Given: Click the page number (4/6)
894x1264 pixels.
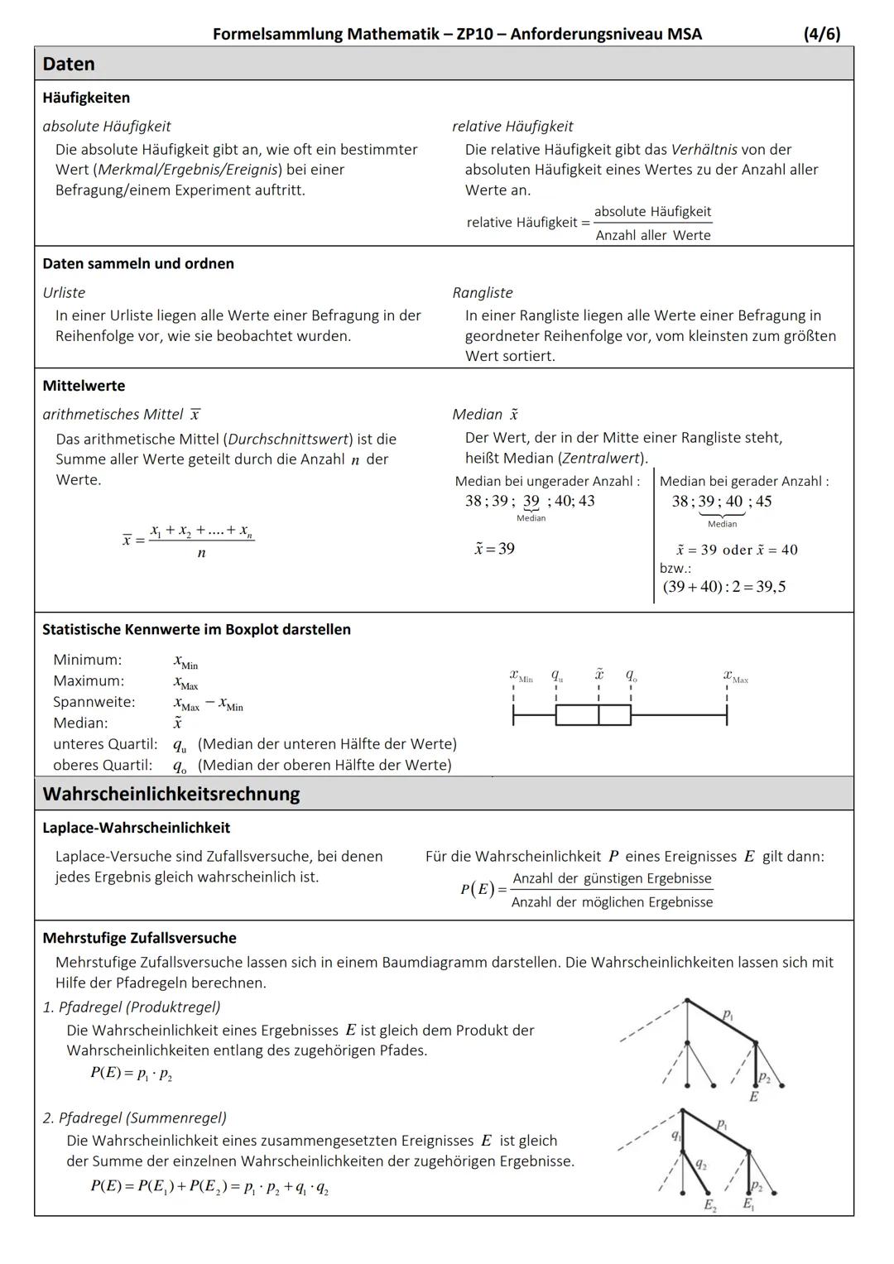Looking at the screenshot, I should pyautogui.click(x=821, y=34).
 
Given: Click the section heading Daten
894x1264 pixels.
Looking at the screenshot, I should pyautogui.click(x=69, y=64).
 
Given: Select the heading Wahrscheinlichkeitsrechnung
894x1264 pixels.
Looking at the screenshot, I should pyautogui.click(x=171, y=794).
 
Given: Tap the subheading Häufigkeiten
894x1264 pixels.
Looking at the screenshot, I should pyautogui.click(x=86, y=98).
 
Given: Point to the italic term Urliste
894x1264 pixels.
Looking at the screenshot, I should pyautogui.click(x=64, y=292).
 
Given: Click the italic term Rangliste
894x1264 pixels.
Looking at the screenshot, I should pyautogui.click(x=483, y=292).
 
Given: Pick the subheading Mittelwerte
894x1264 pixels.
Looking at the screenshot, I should pyautogui.click(x=84, y=386).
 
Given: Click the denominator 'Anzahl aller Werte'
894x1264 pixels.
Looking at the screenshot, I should pyautogui.click(x=653, y=235).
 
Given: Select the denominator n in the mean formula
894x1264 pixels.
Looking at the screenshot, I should pyautogui.click(x=201, y=553).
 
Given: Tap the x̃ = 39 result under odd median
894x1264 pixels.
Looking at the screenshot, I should pyautogui.click(x=495, y=549).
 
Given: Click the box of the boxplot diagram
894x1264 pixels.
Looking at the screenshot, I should pyautogui.click(x=593, y=714).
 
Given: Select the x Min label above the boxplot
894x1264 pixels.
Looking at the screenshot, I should pyautogui.click(x=521, y=677).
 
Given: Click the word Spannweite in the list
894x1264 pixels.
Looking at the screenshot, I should pyautogui.click(x=94, y=702).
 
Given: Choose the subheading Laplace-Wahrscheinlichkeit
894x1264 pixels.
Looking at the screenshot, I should pyautogui.click(x=137, y=828).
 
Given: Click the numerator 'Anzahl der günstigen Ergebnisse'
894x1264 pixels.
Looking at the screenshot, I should pyautogui.click(x=612, y=878).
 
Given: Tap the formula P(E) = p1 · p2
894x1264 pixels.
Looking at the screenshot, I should pyautogui.click(x=131, y=1073).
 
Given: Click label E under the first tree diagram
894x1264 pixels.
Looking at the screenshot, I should pyautogui.click(x=753, y=1096).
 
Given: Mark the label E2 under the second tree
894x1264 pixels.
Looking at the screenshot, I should pyautogui.click(x=710, y=1206).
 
